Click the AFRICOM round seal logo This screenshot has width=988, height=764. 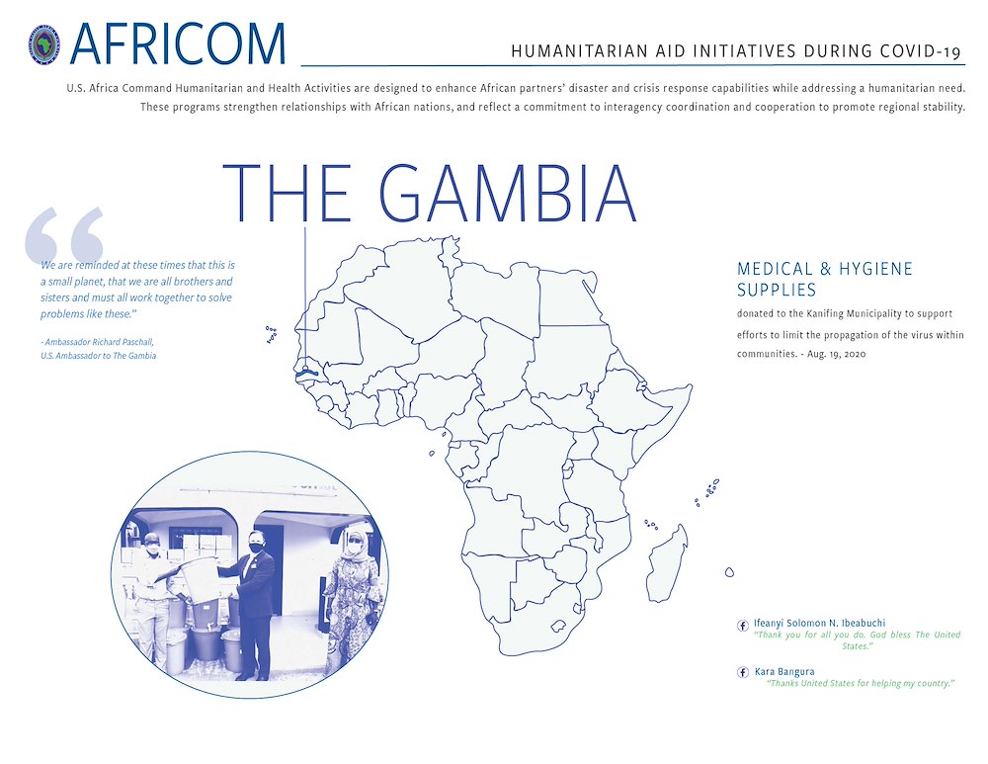45,44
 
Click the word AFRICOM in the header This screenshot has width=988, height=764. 179,43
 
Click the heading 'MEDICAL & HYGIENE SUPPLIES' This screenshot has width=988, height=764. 824,279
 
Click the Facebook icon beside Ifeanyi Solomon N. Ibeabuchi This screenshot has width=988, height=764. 743,625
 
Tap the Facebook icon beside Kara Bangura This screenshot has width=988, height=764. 743,672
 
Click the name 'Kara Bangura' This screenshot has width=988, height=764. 784,672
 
